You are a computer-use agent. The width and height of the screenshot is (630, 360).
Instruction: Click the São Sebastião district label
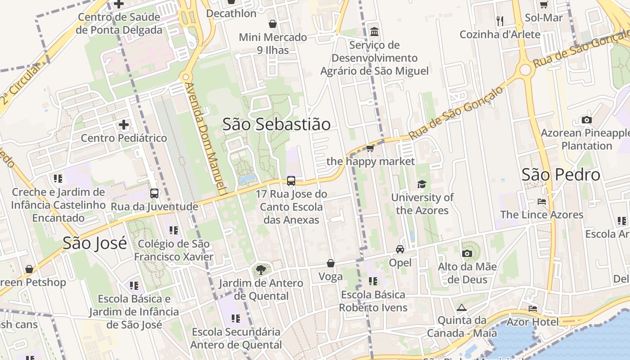276,124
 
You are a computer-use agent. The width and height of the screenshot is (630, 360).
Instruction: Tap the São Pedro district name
561,175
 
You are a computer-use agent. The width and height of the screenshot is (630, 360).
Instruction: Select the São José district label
94,243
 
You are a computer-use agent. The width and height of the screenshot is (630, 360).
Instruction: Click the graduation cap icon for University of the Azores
422,184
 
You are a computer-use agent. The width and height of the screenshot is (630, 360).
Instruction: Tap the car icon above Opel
400,249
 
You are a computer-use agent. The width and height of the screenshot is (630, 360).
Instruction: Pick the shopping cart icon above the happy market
370,148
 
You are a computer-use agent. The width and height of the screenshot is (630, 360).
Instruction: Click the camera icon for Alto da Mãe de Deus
467,253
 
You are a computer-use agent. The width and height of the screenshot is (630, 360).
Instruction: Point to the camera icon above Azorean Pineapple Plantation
586,120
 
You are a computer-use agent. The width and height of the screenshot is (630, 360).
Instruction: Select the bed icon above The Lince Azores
542,201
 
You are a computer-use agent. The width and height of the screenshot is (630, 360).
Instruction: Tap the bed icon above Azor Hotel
533,309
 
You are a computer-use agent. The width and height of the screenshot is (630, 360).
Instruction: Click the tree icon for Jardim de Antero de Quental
260,270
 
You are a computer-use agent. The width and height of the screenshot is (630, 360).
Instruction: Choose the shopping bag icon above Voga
331,263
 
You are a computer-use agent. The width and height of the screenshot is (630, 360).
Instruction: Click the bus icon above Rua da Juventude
154,193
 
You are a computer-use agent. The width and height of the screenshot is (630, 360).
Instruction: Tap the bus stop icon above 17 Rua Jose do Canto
291,181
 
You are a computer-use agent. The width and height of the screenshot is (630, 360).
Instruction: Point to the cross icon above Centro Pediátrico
124,125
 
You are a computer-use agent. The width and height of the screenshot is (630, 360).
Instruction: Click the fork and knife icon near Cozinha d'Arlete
499,21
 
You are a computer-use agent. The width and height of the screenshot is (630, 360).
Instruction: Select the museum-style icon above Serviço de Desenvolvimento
374,32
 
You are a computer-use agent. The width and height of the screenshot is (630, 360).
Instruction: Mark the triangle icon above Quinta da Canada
461,308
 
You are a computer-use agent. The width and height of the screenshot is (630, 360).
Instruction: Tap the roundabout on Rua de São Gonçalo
525,70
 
